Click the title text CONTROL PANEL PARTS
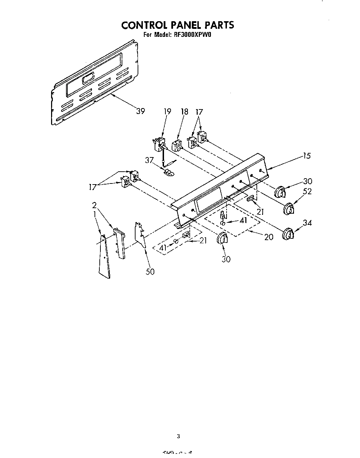click(x=177, y=25)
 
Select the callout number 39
click(x=140, y=111)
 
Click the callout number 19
click(x=167, y=112)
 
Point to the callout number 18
click(x=184, y=112)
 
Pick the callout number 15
click(x=306, y=156)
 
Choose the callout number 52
click(x=307, y=191)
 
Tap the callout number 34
click(x=307, y=223)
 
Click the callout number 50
click(x=150, y=271)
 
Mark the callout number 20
click(x=268, y=237)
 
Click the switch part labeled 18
click(x=178, y=145)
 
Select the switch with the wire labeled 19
click(x=159, y=143)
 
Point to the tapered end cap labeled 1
click(x=104, y=256)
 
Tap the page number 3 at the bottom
click(x=178, y=436)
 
